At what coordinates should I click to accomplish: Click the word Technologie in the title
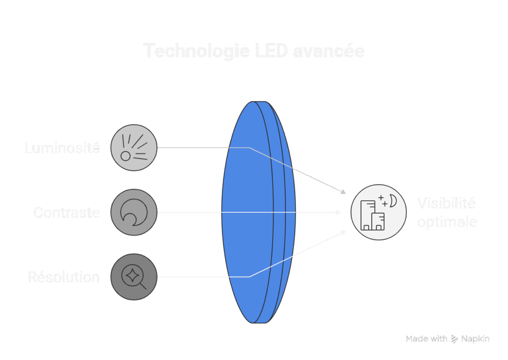[196, 51]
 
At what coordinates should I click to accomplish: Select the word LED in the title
[271, 51]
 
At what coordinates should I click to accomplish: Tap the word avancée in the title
[329, 51]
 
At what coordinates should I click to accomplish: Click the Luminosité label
[62, 148]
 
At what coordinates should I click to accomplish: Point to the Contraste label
[66, 213]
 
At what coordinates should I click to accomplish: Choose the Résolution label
[63, 277]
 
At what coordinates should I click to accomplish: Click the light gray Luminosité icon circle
[134, 148]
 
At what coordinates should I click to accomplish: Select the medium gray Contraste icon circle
[134, 212]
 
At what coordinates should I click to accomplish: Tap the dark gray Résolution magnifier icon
[134, 277]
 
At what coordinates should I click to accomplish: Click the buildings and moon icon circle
[379, 212]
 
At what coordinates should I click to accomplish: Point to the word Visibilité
[446, 203]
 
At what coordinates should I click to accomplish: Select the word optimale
[447, 222]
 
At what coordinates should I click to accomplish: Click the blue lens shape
[258, 212]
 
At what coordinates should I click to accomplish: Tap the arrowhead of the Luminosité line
[343, 192]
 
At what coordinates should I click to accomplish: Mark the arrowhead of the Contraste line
[338, 212]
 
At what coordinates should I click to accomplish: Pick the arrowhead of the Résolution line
[343, 232]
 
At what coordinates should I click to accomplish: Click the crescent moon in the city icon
[393, 201]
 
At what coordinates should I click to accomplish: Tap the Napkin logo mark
[454, 339]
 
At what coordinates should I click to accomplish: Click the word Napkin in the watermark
[475, 339]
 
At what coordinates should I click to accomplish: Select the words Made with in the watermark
[426, 339]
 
